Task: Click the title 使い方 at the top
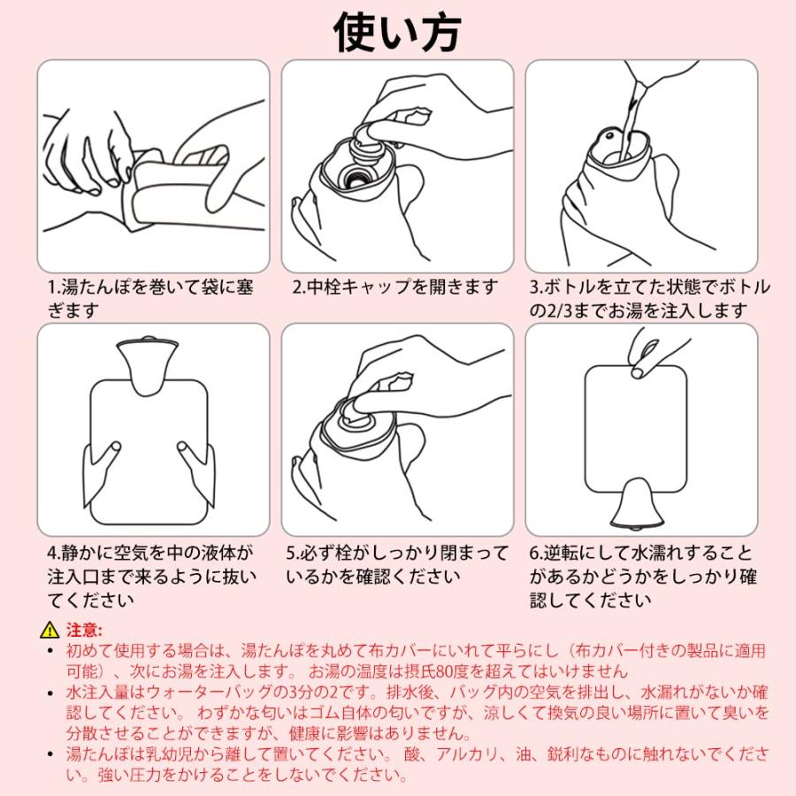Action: tap(397, 33)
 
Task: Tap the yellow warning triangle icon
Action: tap(50, 630)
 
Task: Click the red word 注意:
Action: tap(84, 630)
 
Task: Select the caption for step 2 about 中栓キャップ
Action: tap(395, 287)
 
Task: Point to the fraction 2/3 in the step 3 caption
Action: tap(558, 310)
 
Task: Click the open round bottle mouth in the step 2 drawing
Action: tap(358, 178)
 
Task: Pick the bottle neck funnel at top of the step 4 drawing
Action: tap(148, 363)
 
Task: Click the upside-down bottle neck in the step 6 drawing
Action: tap(636, 503)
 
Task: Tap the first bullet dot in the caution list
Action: tap(50, 650)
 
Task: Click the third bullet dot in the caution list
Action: tap(50, 754)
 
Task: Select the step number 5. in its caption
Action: tap(293, 553)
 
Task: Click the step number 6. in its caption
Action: tap(537, 553)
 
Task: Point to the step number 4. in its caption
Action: tap(54, 553)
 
